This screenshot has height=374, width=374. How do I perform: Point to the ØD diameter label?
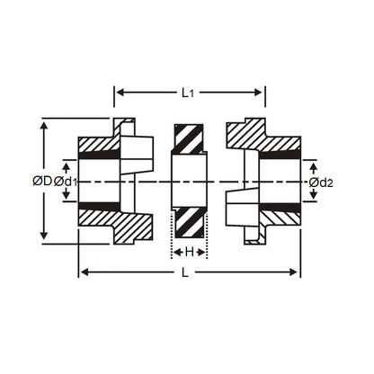(41, 181)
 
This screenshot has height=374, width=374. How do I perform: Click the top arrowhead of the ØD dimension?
(45, 123)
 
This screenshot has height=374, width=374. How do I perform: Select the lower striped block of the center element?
(190, 224)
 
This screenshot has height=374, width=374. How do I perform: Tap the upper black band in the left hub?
(99, 156)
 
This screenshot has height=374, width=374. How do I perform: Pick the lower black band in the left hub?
(99, 207)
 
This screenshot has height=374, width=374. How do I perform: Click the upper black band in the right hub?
(280, 156)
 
